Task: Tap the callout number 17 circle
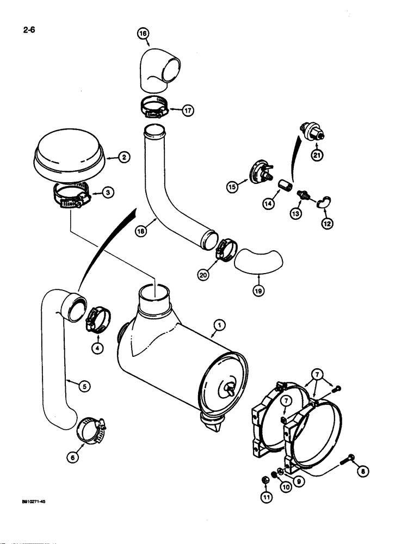[x=188, y=111]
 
